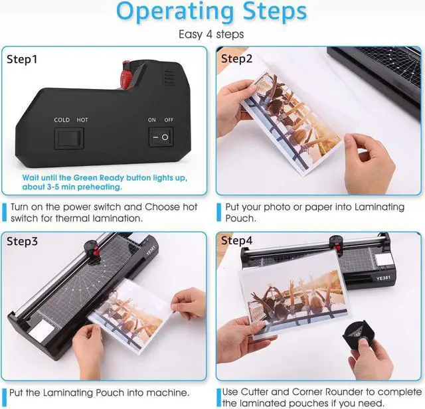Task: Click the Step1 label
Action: point(23,59)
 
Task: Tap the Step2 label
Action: point(236,59)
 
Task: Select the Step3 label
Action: point(23,240)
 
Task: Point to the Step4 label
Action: point(236,240)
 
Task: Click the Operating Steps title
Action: point(212,13)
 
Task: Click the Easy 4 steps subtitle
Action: point(212,35)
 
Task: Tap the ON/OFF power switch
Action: point(160,137)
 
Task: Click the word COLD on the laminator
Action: point(62,120)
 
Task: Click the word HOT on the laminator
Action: point(82,120)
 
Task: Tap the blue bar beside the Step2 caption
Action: point(218,212)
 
